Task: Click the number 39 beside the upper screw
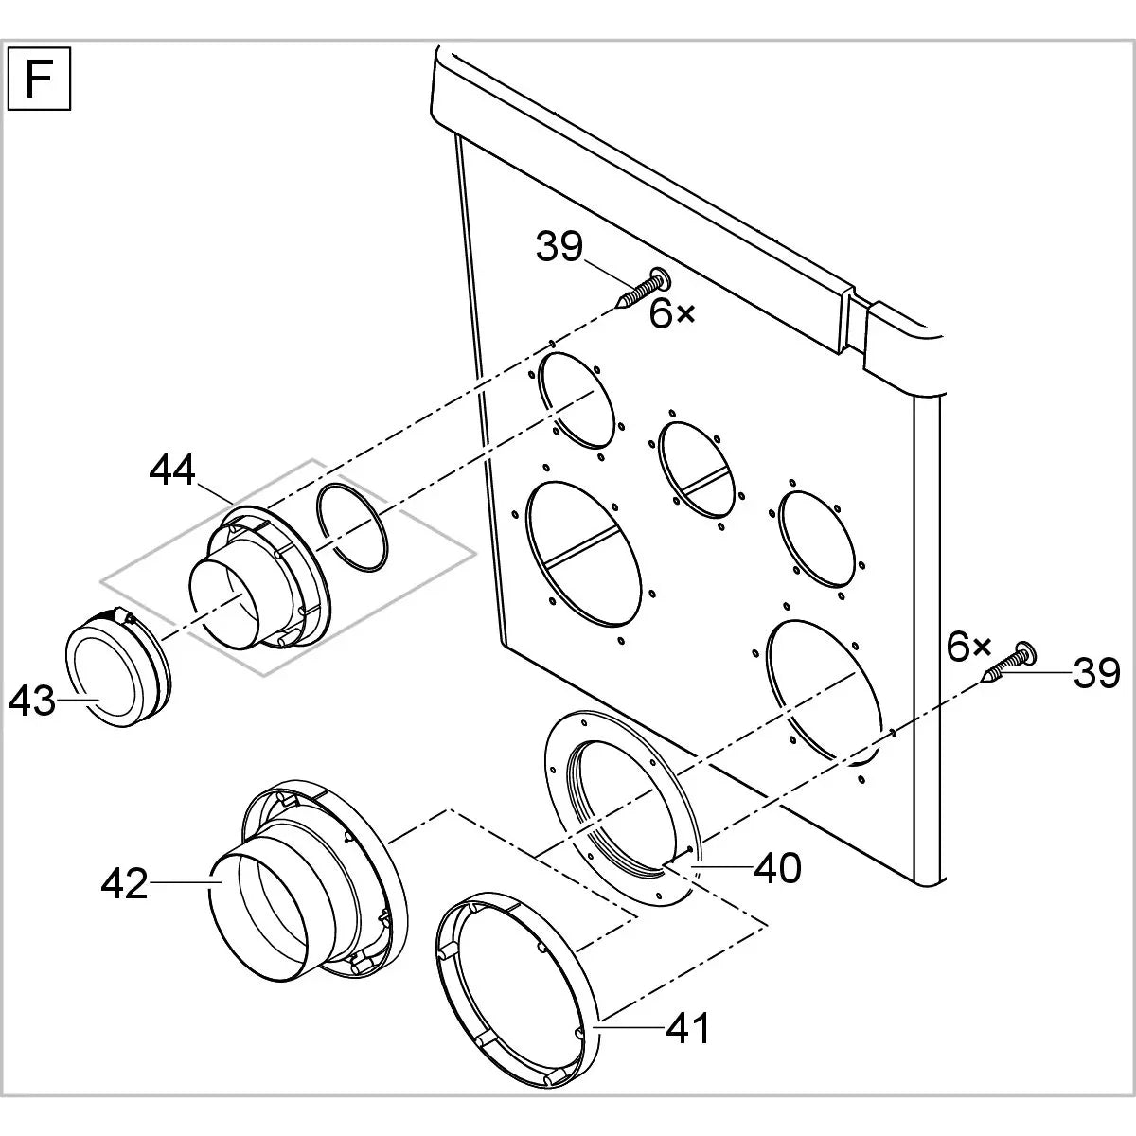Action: (x=559, y=248)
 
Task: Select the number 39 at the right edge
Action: (x=1097, y=673)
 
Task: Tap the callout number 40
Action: (x=777, y=867)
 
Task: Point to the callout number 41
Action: (x=687, y=1027)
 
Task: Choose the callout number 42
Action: (x=125, y=884)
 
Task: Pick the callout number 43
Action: (x=32, y=701)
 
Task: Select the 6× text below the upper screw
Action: (x=671, y=314)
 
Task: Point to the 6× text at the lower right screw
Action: (x=967, y=648)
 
